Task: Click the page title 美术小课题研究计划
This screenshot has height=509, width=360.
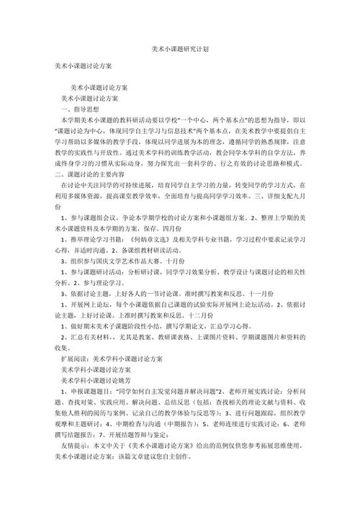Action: [x=180, y=50]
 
